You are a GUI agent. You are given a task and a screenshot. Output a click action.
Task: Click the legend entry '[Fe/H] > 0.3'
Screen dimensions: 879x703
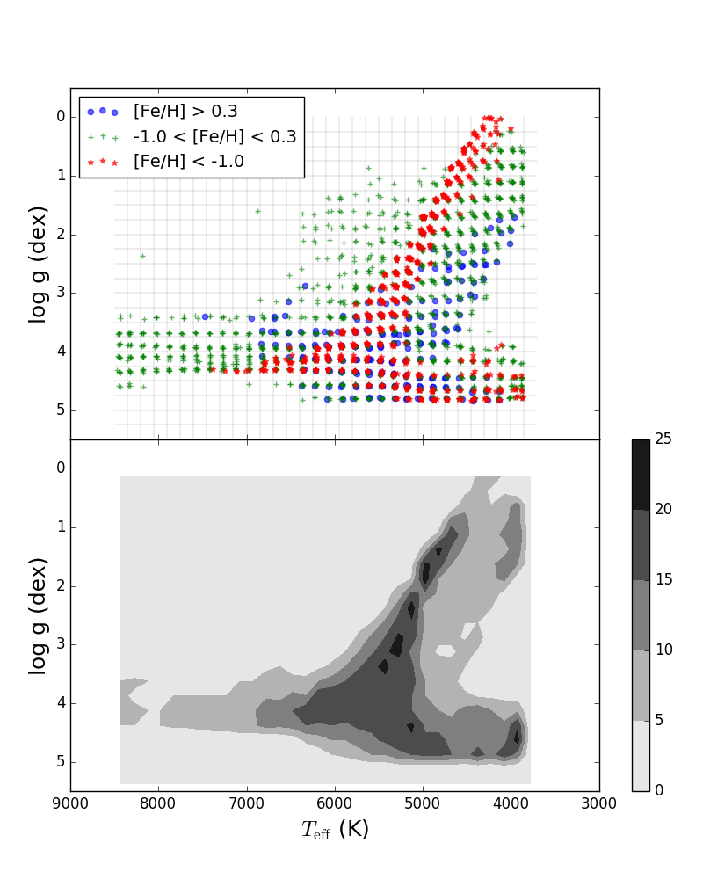(185, 112)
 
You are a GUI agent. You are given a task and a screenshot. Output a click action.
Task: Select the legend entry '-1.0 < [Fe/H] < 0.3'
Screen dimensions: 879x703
(214, 136)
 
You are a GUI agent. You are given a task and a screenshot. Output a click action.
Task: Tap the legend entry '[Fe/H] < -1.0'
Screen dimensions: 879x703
(188, 161)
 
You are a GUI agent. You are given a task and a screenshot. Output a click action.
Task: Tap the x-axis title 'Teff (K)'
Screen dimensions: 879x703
(335, 830)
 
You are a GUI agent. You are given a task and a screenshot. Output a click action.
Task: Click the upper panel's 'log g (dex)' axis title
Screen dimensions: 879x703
(38, 264)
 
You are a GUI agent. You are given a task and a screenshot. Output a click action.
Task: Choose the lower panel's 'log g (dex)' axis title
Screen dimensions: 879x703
(38, 615)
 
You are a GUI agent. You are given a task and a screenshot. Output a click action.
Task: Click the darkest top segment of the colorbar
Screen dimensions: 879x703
(641, 475)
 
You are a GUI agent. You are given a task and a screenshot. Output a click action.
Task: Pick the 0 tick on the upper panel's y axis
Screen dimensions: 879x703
(61, 117)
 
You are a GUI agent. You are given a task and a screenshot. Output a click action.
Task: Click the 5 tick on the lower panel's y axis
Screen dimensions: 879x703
(61, 762)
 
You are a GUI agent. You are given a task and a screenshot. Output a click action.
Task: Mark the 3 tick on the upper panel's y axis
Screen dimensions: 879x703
(61, 293)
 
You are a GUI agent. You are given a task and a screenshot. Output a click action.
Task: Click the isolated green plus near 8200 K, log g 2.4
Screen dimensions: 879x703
(142, 256)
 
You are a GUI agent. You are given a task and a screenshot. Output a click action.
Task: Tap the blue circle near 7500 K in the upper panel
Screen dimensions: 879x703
(205, 316)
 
